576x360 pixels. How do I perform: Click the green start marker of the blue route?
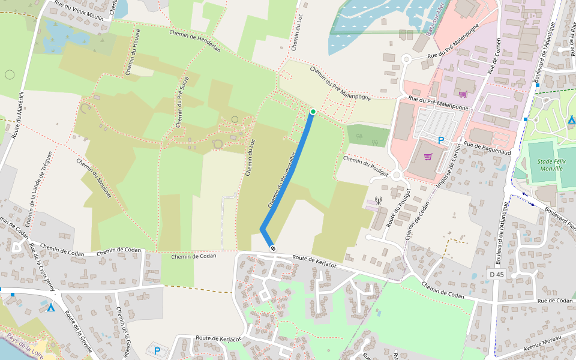coord(313,112)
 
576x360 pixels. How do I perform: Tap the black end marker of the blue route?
coord(273,248)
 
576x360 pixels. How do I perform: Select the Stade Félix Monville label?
coord(546,165)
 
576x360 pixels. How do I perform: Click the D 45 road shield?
coord(496,274)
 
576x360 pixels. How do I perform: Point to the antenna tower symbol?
coord(378,200)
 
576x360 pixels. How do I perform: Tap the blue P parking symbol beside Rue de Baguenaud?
coord(441,140)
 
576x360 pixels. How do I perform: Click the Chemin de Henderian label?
coord(195,41)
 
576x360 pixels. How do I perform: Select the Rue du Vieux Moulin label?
coord(79,11)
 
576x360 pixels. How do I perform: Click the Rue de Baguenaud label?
coord(487,148)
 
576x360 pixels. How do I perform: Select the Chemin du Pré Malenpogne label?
coord(340,83)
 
